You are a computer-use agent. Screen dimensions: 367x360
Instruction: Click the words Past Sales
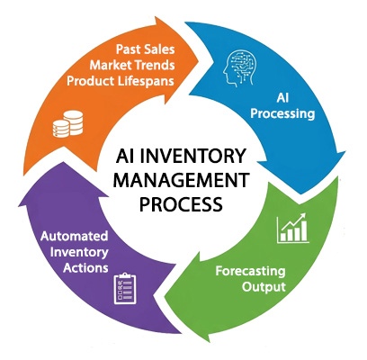[146, 49]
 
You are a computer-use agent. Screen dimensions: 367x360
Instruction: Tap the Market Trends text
[132, 65]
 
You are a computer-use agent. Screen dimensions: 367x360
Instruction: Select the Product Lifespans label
[121, 81]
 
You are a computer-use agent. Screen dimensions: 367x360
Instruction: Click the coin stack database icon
[67, 124]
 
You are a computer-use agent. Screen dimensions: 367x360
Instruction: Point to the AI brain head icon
[238, 68]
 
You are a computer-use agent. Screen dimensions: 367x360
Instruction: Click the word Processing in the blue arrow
[282, 113]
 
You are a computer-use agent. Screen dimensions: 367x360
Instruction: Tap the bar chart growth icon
[293, 229]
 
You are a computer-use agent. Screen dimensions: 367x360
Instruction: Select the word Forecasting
[250, 272]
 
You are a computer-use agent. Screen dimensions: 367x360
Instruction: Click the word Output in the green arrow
[264, 287]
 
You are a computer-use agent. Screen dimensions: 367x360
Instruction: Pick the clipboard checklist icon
[125, 289]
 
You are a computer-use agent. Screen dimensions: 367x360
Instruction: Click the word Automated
[75, 237]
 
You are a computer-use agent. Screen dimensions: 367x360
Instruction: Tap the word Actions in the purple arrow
[85, 268]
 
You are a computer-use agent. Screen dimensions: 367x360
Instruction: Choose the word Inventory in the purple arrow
[79, 253]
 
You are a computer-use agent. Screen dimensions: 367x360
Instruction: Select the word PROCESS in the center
[181, 203]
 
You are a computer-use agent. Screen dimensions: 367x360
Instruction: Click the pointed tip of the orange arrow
[199, 62]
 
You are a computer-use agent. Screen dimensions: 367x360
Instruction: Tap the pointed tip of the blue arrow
[300, 194]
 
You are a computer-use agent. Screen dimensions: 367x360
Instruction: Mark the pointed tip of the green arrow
[165, 297]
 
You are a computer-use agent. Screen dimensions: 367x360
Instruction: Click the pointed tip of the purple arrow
[63, 162]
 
